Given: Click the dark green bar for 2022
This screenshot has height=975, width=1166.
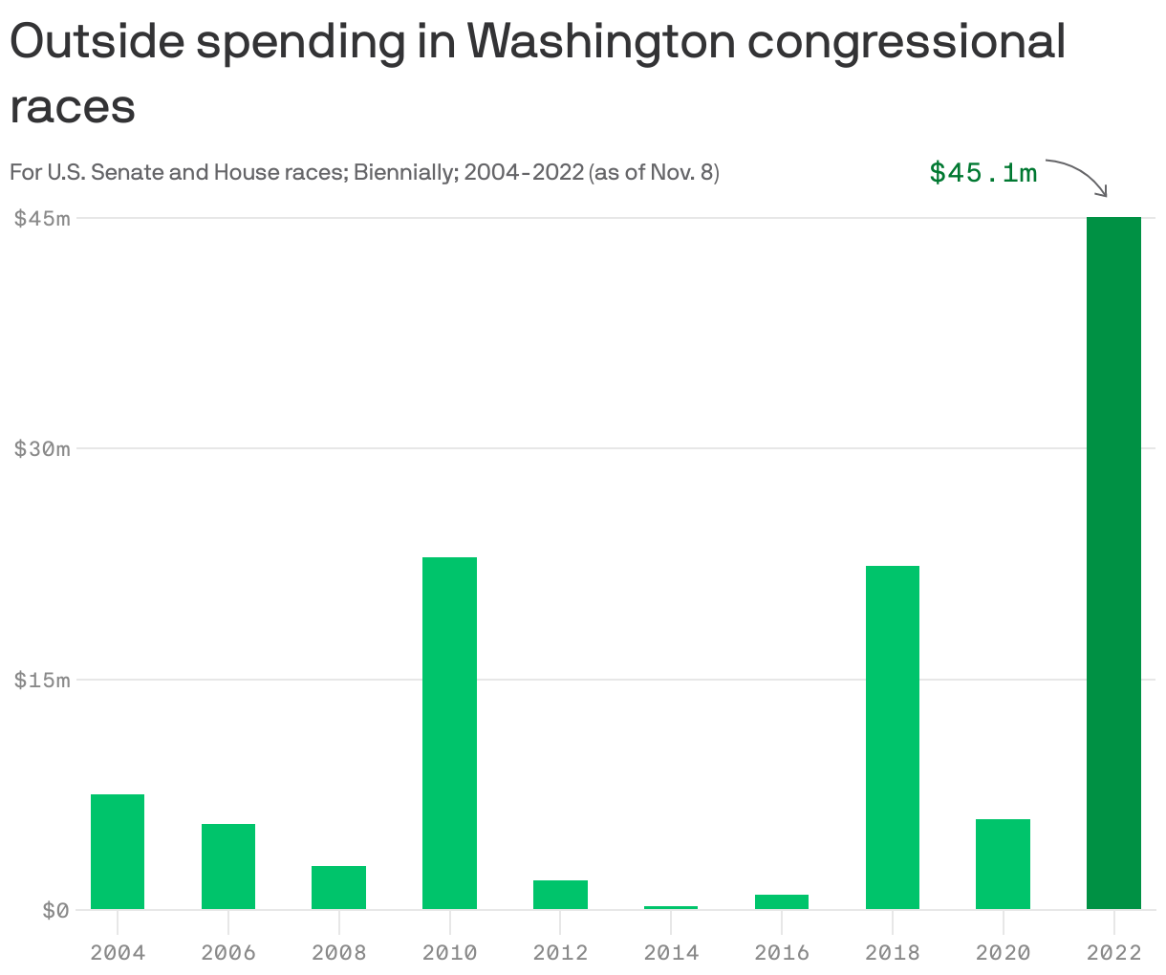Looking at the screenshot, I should click(x=1113, y=563).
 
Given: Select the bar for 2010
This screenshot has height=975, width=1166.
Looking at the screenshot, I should click(x=449, y=733).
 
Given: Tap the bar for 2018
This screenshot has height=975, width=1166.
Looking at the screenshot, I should click(x=892, y=737).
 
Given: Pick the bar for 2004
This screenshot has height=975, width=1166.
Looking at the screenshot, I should click(x=118, y=852).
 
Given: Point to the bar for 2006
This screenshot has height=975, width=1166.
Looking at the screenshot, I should click(x=228, y=866).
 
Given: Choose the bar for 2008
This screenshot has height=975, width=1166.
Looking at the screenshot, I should click(x=338, y=887).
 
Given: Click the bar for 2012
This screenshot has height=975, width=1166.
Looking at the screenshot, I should click(x=560, y=895).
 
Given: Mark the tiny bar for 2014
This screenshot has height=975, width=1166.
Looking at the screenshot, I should click(x=671, y=907).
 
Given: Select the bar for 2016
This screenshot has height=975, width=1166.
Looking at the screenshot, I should click(x=782, y=901).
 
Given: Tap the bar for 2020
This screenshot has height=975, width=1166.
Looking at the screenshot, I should click(x=1003, y=864).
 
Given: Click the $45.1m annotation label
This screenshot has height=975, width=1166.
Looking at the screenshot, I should click(x=982, y=173).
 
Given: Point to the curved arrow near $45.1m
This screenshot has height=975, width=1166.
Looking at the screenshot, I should click(x=1080, y=174).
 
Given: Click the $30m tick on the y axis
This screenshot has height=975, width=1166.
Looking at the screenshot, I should click(x=42, y=448).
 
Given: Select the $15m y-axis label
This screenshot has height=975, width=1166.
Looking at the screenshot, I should click(x=42, y=680).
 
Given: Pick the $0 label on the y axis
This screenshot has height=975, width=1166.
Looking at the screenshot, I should click(x=55, y=910).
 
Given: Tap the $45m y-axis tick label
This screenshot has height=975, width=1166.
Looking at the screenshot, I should click(x=42, y=218).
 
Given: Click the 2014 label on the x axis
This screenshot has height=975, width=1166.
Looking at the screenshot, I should click(x=671, y=952).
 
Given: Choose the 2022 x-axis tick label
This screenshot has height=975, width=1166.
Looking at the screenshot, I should click(x=1113, y=952).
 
